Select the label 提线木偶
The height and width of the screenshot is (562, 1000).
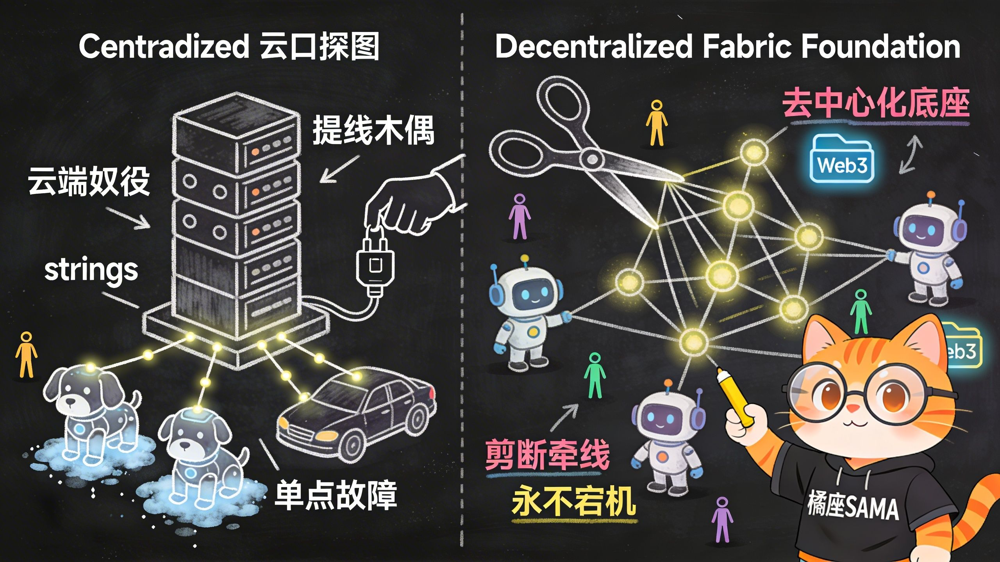coord(373,130)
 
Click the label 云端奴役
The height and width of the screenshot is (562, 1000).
coord(89,181)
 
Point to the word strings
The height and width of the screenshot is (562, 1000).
coord(91,270)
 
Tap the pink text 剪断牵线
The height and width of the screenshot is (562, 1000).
coord(547,455)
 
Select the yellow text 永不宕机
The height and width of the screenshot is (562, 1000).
coord(573,502)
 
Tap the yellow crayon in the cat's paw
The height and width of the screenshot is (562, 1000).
coord(734,398)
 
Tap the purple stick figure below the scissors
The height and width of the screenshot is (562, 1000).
coord(520,217)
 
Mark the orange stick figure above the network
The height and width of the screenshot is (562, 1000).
coord(656,123)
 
